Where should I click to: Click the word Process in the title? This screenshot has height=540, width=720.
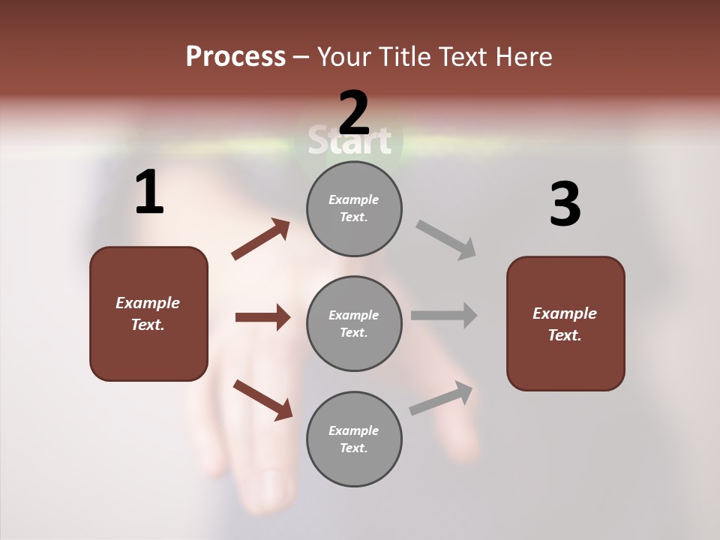coord(235,57)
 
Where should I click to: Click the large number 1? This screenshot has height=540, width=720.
coord(149,193)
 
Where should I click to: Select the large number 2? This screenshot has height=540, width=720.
coord(354,113)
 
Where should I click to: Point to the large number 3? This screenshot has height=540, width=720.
coord(565,204)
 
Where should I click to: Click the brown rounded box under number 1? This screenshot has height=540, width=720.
coord(148,313)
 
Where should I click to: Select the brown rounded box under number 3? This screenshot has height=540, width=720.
coord(565,323)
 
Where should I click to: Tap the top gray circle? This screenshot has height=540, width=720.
coord(354,208)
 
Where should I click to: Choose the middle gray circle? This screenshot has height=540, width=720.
coord(354,323)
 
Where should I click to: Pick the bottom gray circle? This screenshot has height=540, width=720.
coord(354,439)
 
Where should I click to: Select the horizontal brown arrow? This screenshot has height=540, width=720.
coord(262,317)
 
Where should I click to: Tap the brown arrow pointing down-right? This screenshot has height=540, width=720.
coord(262,400)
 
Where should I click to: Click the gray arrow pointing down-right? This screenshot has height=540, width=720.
coord(446,239)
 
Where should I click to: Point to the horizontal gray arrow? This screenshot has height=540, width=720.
coord(443,315)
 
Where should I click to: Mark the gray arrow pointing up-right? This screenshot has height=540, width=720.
coord(441,398)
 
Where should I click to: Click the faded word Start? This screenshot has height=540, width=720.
coord(350,140)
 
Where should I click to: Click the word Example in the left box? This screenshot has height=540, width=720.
coord(148,303)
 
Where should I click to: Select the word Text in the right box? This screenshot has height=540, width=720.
coord(564,335)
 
